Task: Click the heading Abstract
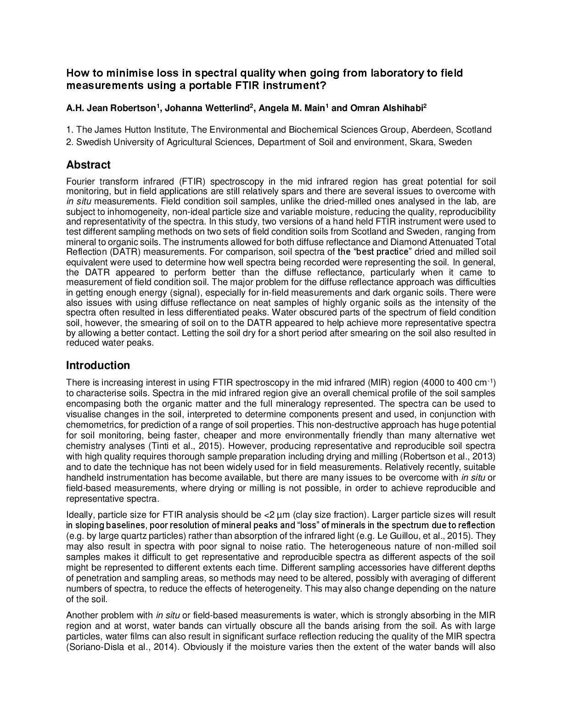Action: tap(88, 165)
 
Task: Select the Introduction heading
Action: tap(98, 365)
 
